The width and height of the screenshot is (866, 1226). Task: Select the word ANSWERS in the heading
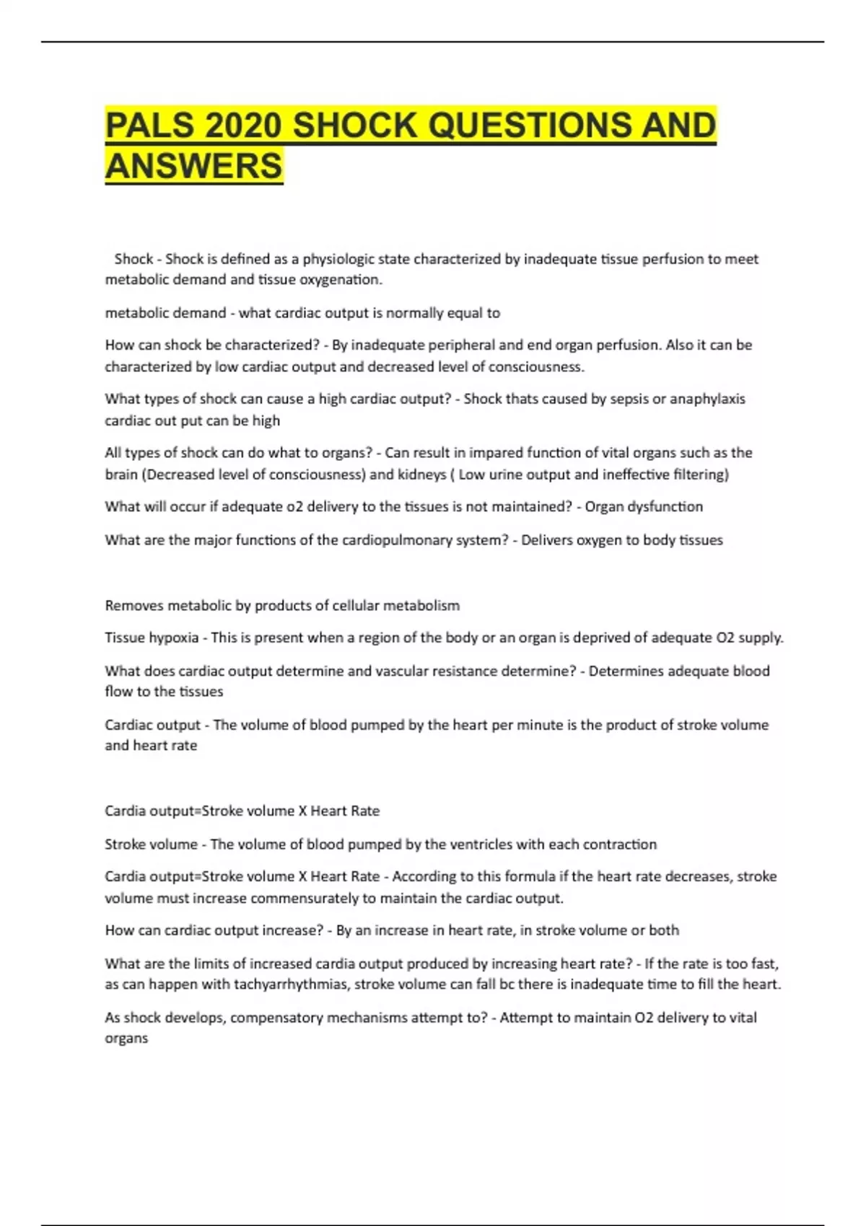pos(193,166)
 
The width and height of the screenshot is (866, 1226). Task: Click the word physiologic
pos(338,259)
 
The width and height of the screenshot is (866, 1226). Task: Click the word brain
pos(122,475)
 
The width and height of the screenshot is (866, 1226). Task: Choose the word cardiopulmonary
pos(396,540)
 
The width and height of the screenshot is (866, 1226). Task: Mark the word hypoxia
pos(173,638)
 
